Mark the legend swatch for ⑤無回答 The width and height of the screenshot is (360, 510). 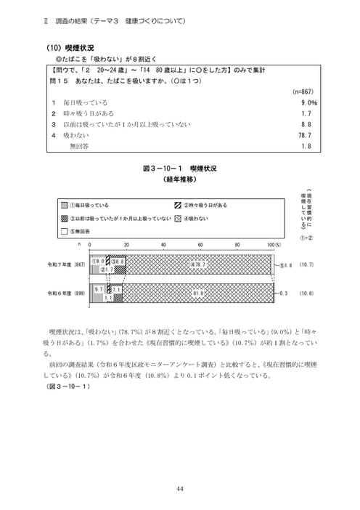click(64, 231)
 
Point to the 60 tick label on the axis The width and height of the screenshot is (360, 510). click(200, 246)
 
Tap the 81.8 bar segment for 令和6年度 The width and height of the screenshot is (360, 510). click(197, 293)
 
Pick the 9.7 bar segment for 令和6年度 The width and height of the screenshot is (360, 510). click(98, 288)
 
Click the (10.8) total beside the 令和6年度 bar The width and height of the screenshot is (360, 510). click(307, 293)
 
